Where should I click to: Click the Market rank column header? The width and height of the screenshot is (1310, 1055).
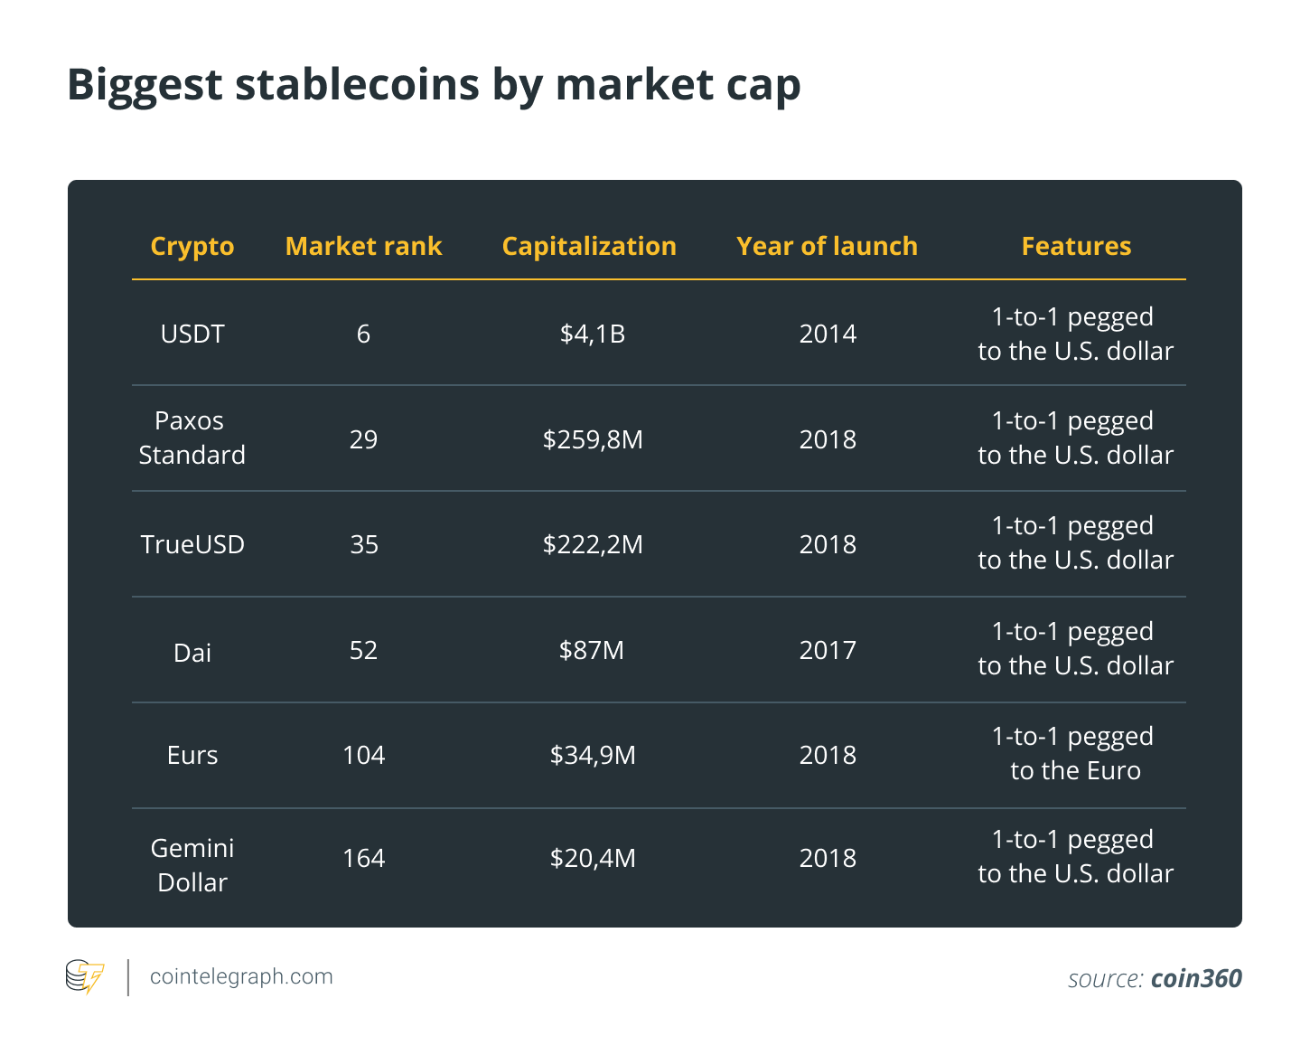coord(363,246)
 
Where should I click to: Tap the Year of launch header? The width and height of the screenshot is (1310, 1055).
coord(827,246)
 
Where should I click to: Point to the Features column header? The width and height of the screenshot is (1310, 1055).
coord(1076,246)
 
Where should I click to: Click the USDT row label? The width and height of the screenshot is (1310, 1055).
coord(192,334)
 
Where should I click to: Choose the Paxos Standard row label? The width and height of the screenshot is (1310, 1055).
coord(192,438)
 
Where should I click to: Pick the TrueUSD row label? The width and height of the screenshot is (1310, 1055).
coord(192,544)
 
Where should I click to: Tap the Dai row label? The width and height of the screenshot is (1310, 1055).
coord(192,653)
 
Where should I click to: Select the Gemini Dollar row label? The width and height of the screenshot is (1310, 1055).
coord(192,865)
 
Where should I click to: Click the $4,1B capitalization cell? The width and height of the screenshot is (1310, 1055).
coord(593,334)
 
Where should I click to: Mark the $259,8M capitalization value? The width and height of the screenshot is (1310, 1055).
coord(593,439)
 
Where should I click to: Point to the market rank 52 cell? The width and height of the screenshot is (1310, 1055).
coord(363,651)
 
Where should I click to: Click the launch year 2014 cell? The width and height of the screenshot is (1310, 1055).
coord(828,334)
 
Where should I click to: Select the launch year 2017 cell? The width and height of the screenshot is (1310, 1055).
coord(828,651)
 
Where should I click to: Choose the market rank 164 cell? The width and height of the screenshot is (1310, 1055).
coord(363,858)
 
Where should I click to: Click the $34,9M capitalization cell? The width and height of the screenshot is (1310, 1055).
coord(593,755)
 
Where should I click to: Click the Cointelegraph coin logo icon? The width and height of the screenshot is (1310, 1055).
coord(85,976)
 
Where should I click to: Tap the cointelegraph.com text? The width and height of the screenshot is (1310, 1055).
coord(241,976)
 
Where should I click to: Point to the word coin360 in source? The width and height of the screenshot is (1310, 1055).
coord(1196,978)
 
